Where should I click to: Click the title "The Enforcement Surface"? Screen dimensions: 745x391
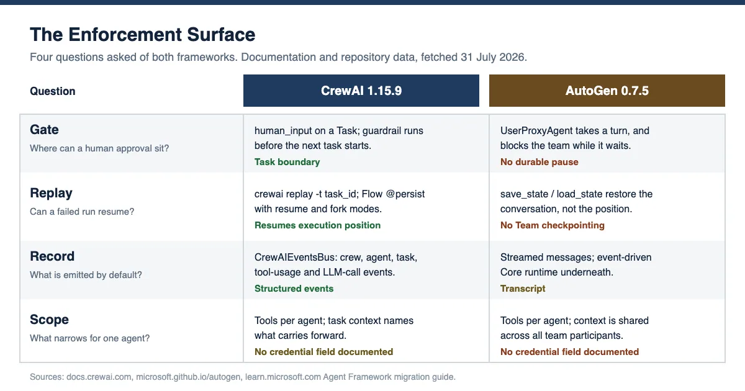[142, 35]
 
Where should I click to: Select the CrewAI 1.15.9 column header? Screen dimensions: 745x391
[361, 91]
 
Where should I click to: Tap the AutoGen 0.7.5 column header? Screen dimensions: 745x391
[607, 91]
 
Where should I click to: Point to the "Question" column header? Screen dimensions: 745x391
[53, 91]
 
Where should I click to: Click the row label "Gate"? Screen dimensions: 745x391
[44, 130]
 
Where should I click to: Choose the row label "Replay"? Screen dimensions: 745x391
[51, 193]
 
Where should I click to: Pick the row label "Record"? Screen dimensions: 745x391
[52, 256]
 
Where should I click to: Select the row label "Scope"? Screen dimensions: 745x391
[49, 320]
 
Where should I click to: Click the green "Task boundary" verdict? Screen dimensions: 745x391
[287, 162]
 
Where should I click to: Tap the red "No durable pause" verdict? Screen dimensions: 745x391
[539, 162]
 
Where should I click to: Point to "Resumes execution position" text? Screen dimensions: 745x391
[317, 225]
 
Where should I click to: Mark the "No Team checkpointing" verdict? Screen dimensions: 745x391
[552, 225]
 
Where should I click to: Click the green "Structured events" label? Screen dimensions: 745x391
[294, 289]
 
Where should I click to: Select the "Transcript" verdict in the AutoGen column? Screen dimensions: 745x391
[523, 289]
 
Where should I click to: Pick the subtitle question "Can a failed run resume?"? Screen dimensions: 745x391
[82, 212]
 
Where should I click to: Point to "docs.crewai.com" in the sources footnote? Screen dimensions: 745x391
[99, 377]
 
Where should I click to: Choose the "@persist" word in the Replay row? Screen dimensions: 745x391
[405, 194]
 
